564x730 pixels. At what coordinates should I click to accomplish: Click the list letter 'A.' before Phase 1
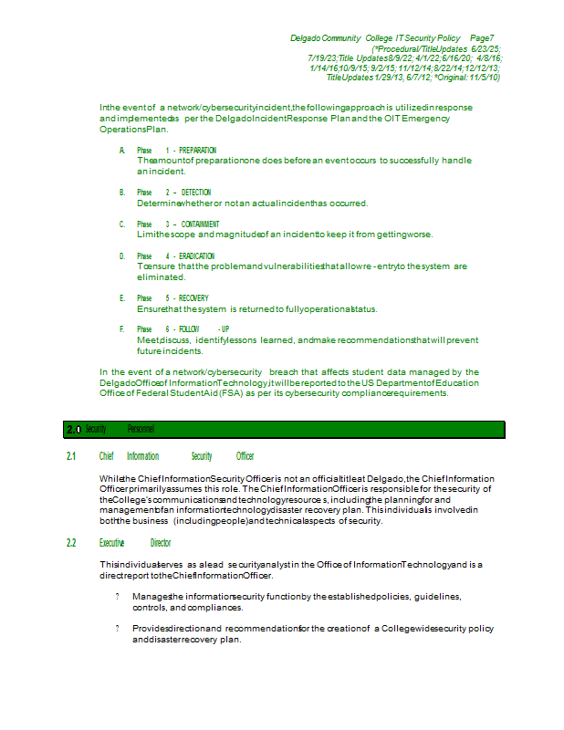tap(121, 150)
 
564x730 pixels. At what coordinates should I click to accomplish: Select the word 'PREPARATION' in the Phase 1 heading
tap(198, 150)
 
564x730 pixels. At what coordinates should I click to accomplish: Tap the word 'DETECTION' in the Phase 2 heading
tap(196, 193)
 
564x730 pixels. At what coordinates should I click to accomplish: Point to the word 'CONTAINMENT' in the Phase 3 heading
tap(200, 224)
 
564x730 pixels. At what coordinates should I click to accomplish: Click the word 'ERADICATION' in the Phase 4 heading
tap(198, 256)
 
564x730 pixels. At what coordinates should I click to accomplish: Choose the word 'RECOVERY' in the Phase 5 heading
tap(193, 298)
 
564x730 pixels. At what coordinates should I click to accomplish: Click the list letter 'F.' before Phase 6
tap(121, 328)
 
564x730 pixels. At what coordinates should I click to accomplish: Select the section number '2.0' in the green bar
tap(74, 429)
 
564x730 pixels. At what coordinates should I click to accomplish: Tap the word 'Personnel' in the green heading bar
tap(141, 429)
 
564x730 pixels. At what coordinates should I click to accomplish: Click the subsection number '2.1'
tap(71, 456)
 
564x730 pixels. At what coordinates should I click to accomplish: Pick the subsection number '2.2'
tap(71, 543)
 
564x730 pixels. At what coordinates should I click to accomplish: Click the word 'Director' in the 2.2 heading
tap(161, 543)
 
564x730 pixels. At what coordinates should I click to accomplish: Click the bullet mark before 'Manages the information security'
tap(118, 597)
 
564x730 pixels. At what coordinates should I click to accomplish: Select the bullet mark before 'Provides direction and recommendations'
tap(118, 629)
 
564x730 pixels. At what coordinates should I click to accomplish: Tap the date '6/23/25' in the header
tap(486, 47)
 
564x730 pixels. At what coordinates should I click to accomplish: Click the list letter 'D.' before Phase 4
tap(121, 256)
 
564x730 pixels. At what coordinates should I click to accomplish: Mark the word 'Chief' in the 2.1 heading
tap(107, 456)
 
